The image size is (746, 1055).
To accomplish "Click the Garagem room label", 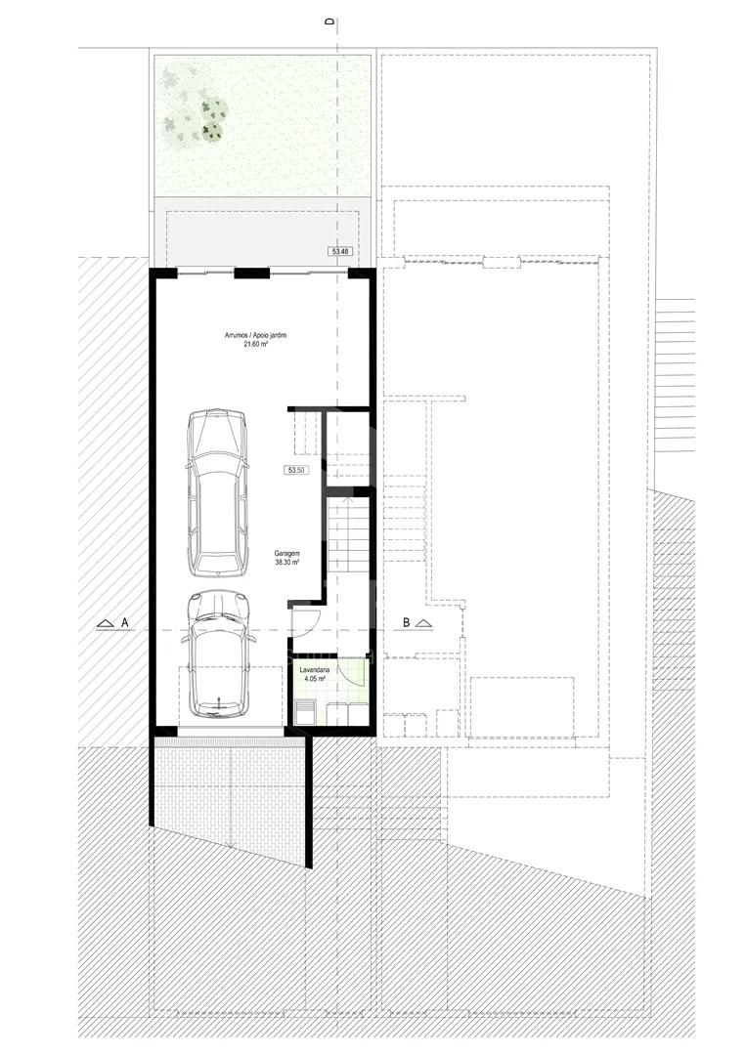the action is coord(286,554).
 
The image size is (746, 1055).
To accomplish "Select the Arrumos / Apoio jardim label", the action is coord(255,335).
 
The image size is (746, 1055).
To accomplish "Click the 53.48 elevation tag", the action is coord(340,252).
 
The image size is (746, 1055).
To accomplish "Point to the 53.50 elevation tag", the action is coord(296,470).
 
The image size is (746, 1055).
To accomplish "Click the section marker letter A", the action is coord(124,623).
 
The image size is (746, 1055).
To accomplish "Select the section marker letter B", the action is coord(406,623).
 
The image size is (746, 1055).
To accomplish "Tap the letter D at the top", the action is coord(329,21).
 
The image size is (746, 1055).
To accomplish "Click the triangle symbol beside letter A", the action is coord(105,623).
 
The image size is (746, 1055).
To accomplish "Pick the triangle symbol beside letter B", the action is coord(423,623).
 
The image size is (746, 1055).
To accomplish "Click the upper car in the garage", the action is coord(217,492).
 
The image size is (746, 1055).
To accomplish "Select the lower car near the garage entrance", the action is coord(219,654).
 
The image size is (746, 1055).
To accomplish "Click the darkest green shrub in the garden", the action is coord(212,132).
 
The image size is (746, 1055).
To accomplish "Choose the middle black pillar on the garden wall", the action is coord(252,274).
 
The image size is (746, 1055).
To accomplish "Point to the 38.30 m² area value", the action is coord(286,562).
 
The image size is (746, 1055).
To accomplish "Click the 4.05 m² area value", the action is coord(315,679).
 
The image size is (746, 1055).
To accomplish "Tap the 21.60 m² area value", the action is coord(255,344).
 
